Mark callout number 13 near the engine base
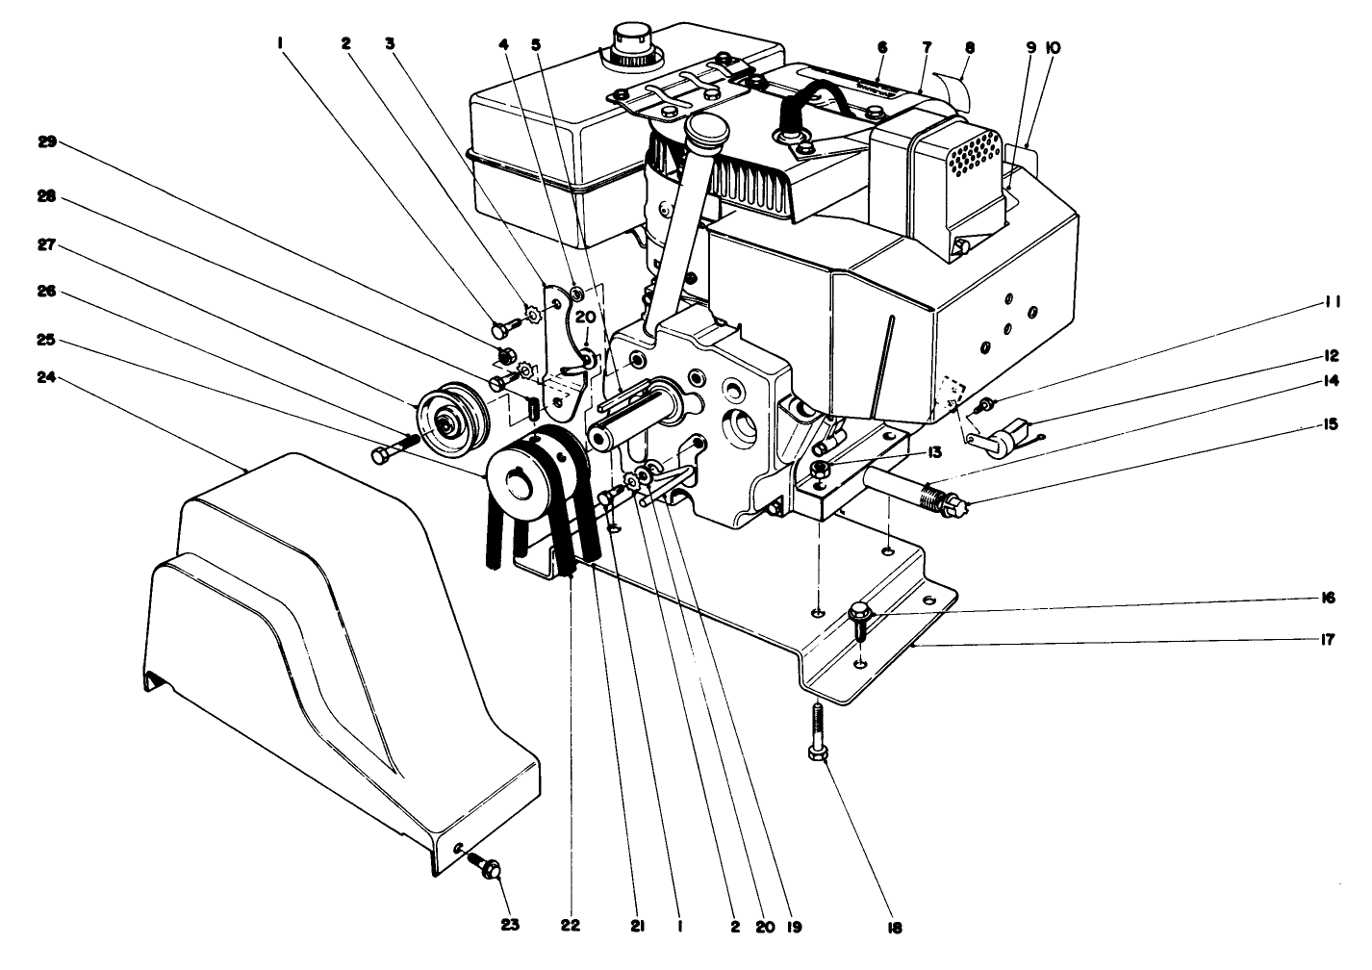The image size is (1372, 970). (906, 451)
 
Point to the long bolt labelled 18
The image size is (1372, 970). (818, 731)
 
